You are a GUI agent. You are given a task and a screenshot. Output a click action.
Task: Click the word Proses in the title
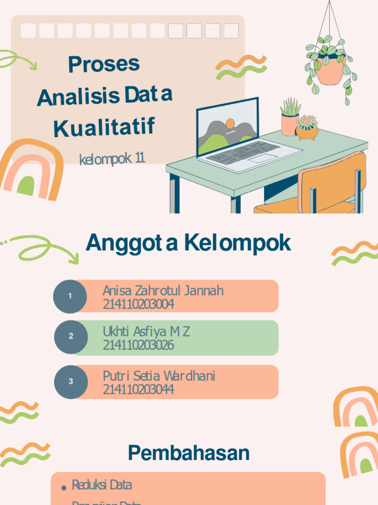pyautogui.click(x=104, y=64)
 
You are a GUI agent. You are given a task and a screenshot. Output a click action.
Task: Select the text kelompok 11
pyautogui.click(x=112, y=159)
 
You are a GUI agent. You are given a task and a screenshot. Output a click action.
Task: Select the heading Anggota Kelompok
pyautogui.click(x=188, y=243)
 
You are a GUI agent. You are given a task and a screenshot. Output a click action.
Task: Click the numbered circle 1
pyautogui.click(x=70, y=296)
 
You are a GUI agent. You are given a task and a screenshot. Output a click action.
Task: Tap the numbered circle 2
pyautogui.click(x=70, y=336)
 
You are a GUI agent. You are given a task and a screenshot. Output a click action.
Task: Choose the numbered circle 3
pyautogui.click(x=70, y=381)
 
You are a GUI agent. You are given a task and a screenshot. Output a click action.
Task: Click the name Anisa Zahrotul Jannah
pyautogui.click(x=163, y=290)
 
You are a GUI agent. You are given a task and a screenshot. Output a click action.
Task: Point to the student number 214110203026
pyautogui.click(x=138, y=345)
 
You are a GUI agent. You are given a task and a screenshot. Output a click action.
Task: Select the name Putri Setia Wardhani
pyautogui.click(x=159, y=376)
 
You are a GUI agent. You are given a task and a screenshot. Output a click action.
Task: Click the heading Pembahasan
pyautogui.click(x=189, y=453)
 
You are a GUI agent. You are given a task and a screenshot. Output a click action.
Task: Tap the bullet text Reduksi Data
pyautogui.click(x=102, y=485)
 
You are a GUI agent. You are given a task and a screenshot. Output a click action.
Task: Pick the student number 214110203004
pyautogui.click(x=138, y=304)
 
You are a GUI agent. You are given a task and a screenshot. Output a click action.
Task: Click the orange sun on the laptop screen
pyautogui.click(x=230, y=123)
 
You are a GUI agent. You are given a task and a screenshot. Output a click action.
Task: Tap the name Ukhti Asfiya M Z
pyautogui.click(x=146, y=331)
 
